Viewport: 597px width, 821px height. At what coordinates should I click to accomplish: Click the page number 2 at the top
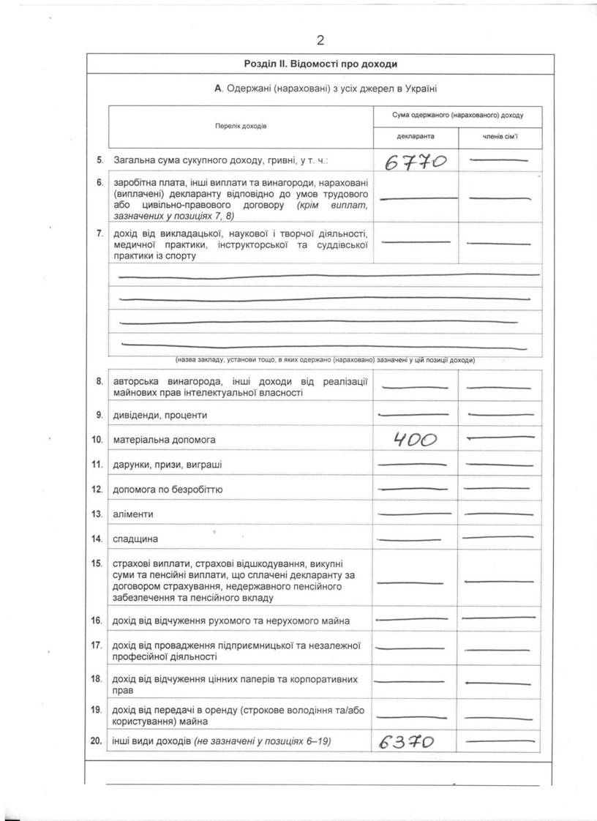(x=320, y=40)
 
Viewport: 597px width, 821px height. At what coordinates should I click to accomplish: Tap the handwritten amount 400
(x=415, y=440)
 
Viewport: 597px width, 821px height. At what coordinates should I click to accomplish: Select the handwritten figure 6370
(x=408, y=743)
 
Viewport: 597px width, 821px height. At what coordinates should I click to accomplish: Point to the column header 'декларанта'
(x=416, y=137)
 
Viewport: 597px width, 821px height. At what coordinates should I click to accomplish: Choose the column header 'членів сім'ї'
(x=500, y=137)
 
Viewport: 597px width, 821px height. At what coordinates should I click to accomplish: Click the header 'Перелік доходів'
(x=241, y=126)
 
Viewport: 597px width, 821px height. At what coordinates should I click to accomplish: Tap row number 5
(x=99, y=159)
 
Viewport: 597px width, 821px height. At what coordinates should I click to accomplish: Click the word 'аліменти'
(x=133, y=514)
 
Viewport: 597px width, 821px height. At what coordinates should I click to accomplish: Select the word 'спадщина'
(x=135, y=539)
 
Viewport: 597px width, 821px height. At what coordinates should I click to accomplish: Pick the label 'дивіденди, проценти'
(x=160, y=415)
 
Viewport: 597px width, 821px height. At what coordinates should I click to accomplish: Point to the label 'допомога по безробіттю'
(x=168, y=490)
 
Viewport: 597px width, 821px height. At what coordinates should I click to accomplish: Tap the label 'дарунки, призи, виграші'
(x=168, y=465)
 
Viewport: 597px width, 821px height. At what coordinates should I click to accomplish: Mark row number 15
(x=97, y=563)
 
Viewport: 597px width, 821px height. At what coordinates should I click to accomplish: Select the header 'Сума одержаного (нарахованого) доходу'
(x=458, y=115)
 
